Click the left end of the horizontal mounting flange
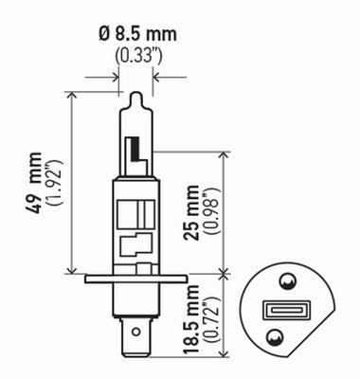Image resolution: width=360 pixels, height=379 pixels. click(87, 278)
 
